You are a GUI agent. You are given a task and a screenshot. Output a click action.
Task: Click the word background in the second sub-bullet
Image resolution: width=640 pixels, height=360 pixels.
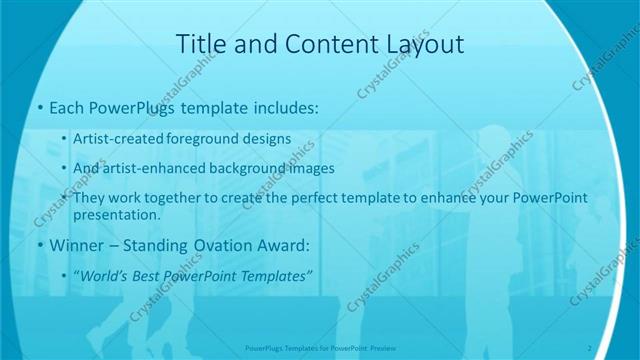click(x=251, y=169)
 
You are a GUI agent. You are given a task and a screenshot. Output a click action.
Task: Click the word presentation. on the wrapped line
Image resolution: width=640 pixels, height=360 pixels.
click(x=116, y=214)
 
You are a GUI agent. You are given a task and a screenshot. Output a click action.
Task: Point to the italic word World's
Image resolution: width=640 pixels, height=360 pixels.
click(x=107, y=274)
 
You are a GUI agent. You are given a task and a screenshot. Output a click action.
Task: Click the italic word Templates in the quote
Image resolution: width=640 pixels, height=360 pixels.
click(x=276, y=274)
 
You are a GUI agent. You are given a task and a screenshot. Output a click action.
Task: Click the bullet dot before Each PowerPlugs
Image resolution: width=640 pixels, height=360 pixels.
click(x=39, y=107)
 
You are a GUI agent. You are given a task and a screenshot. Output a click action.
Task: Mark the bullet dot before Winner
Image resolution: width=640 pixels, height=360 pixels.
click(x=39, y=246)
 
